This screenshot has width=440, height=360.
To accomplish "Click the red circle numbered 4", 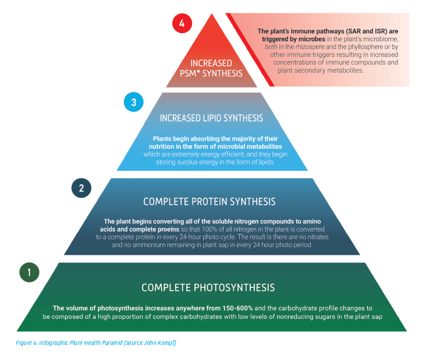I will pyautogui.click(x=182, y=24).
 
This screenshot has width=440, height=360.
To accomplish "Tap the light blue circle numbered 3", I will pyautogui.click(x=133, y=103).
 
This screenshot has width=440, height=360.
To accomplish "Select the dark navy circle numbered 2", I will pyautogui.click(x=81, y=188).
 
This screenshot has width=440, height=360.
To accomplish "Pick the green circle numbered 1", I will pyautogui.click(x=29, y=272).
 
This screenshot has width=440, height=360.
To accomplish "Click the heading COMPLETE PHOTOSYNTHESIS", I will pyautogui.click(x=208, y=287).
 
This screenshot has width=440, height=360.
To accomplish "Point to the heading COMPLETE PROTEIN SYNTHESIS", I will pyautogui.click(x=209, y=202).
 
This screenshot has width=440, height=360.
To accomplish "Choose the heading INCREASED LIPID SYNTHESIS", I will pyautogui.click(x=211, y=118).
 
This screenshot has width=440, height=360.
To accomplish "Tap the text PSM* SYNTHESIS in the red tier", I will pyautogui.click(x=211, y=73).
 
